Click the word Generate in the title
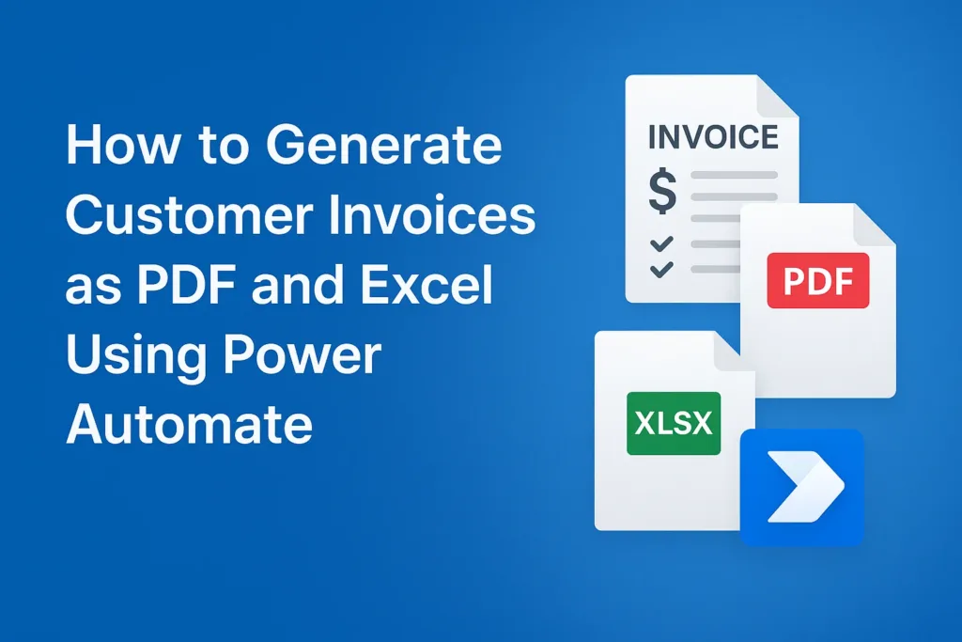point(384,145)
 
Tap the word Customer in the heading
point(187,215)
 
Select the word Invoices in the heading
point(432,215)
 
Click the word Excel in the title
point(427,284)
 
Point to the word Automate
point(190,424)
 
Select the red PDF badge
point(818,280)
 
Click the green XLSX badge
point(674,424)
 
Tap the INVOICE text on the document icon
point(713,137)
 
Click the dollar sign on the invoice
point(662,192)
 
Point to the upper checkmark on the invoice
point(661,243)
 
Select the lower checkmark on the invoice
point(661,270)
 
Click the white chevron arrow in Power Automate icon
point(806,486)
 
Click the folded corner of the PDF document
point(874,226)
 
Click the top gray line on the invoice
point(735,175)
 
